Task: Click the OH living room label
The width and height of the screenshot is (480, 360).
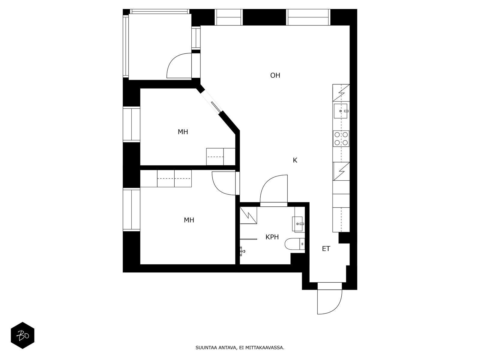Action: [x=275, y=75]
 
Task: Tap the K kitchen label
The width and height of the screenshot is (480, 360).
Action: [x=295, y=160]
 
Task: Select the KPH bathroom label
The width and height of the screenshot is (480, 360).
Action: [x=272, y=237]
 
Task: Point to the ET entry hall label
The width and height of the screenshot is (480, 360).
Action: [x=326, y=249]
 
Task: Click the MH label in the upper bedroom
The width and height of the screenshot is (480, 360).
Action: [x=183, y=132]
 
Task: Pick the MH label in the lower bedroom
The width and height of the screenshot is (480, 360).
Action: [x=189, y=220]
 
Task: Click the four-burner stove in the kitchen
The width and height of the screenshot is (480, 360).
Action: [x=341, y=139]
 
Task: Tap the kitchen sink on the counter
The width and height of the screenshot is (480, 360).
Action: [x=341, y=111]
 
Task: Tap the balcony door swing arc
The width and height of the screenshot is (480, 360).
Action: [x=179, y=66]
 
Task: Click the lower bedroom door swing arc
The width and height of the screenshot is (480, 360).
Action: [x=224, y=183]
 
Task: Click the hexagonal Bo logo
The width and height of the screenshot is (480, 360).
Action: [x=22, y=335]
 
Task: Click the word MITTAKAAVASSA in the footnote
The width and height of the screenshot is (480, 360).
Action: [x=264, y=348]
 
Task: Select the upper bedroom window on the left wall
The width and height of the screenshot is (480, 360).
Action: [x=131, y=124]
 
